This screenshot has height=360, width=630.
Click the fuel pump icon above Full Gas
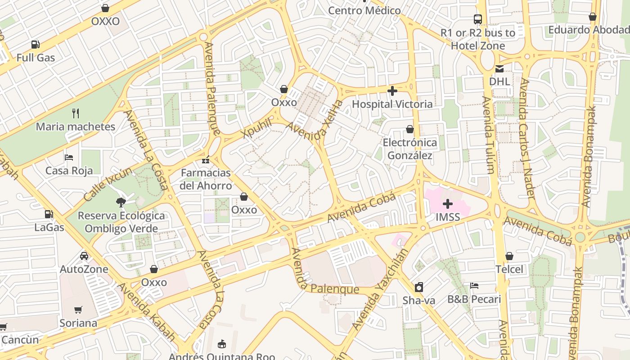35,44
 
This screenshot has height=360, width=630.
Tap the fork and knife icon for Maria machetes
76,113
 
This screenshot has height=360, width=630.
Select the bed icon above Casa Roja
69,157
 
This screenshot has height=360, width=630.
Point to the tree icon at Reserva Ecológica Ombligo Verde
121,202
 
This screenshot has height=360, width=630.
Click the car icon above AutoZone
84,256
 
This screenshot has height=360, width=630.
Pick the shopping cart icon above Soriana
78,310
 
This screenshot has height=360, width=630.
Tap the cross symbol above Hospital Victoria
392,91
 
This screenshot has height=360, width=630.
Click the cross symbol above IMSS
448,204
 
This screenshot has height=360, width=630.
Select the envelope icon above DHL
499,69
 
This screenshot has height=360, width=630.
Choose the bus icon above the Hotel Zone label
478,19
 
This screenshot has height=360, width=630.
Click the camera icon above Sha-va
419,287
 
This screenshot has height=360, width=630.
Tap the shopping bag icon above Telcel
509,256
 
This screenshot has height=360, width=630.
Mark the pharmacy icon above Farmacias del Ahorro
206,160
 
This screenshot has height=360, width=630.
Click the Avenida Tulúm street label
488,135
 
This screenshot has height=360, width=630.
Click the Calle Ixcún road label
108,184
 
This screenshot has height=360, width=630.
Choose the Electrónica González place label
410,149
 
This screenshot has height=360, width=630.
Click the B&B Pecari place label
474,299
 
